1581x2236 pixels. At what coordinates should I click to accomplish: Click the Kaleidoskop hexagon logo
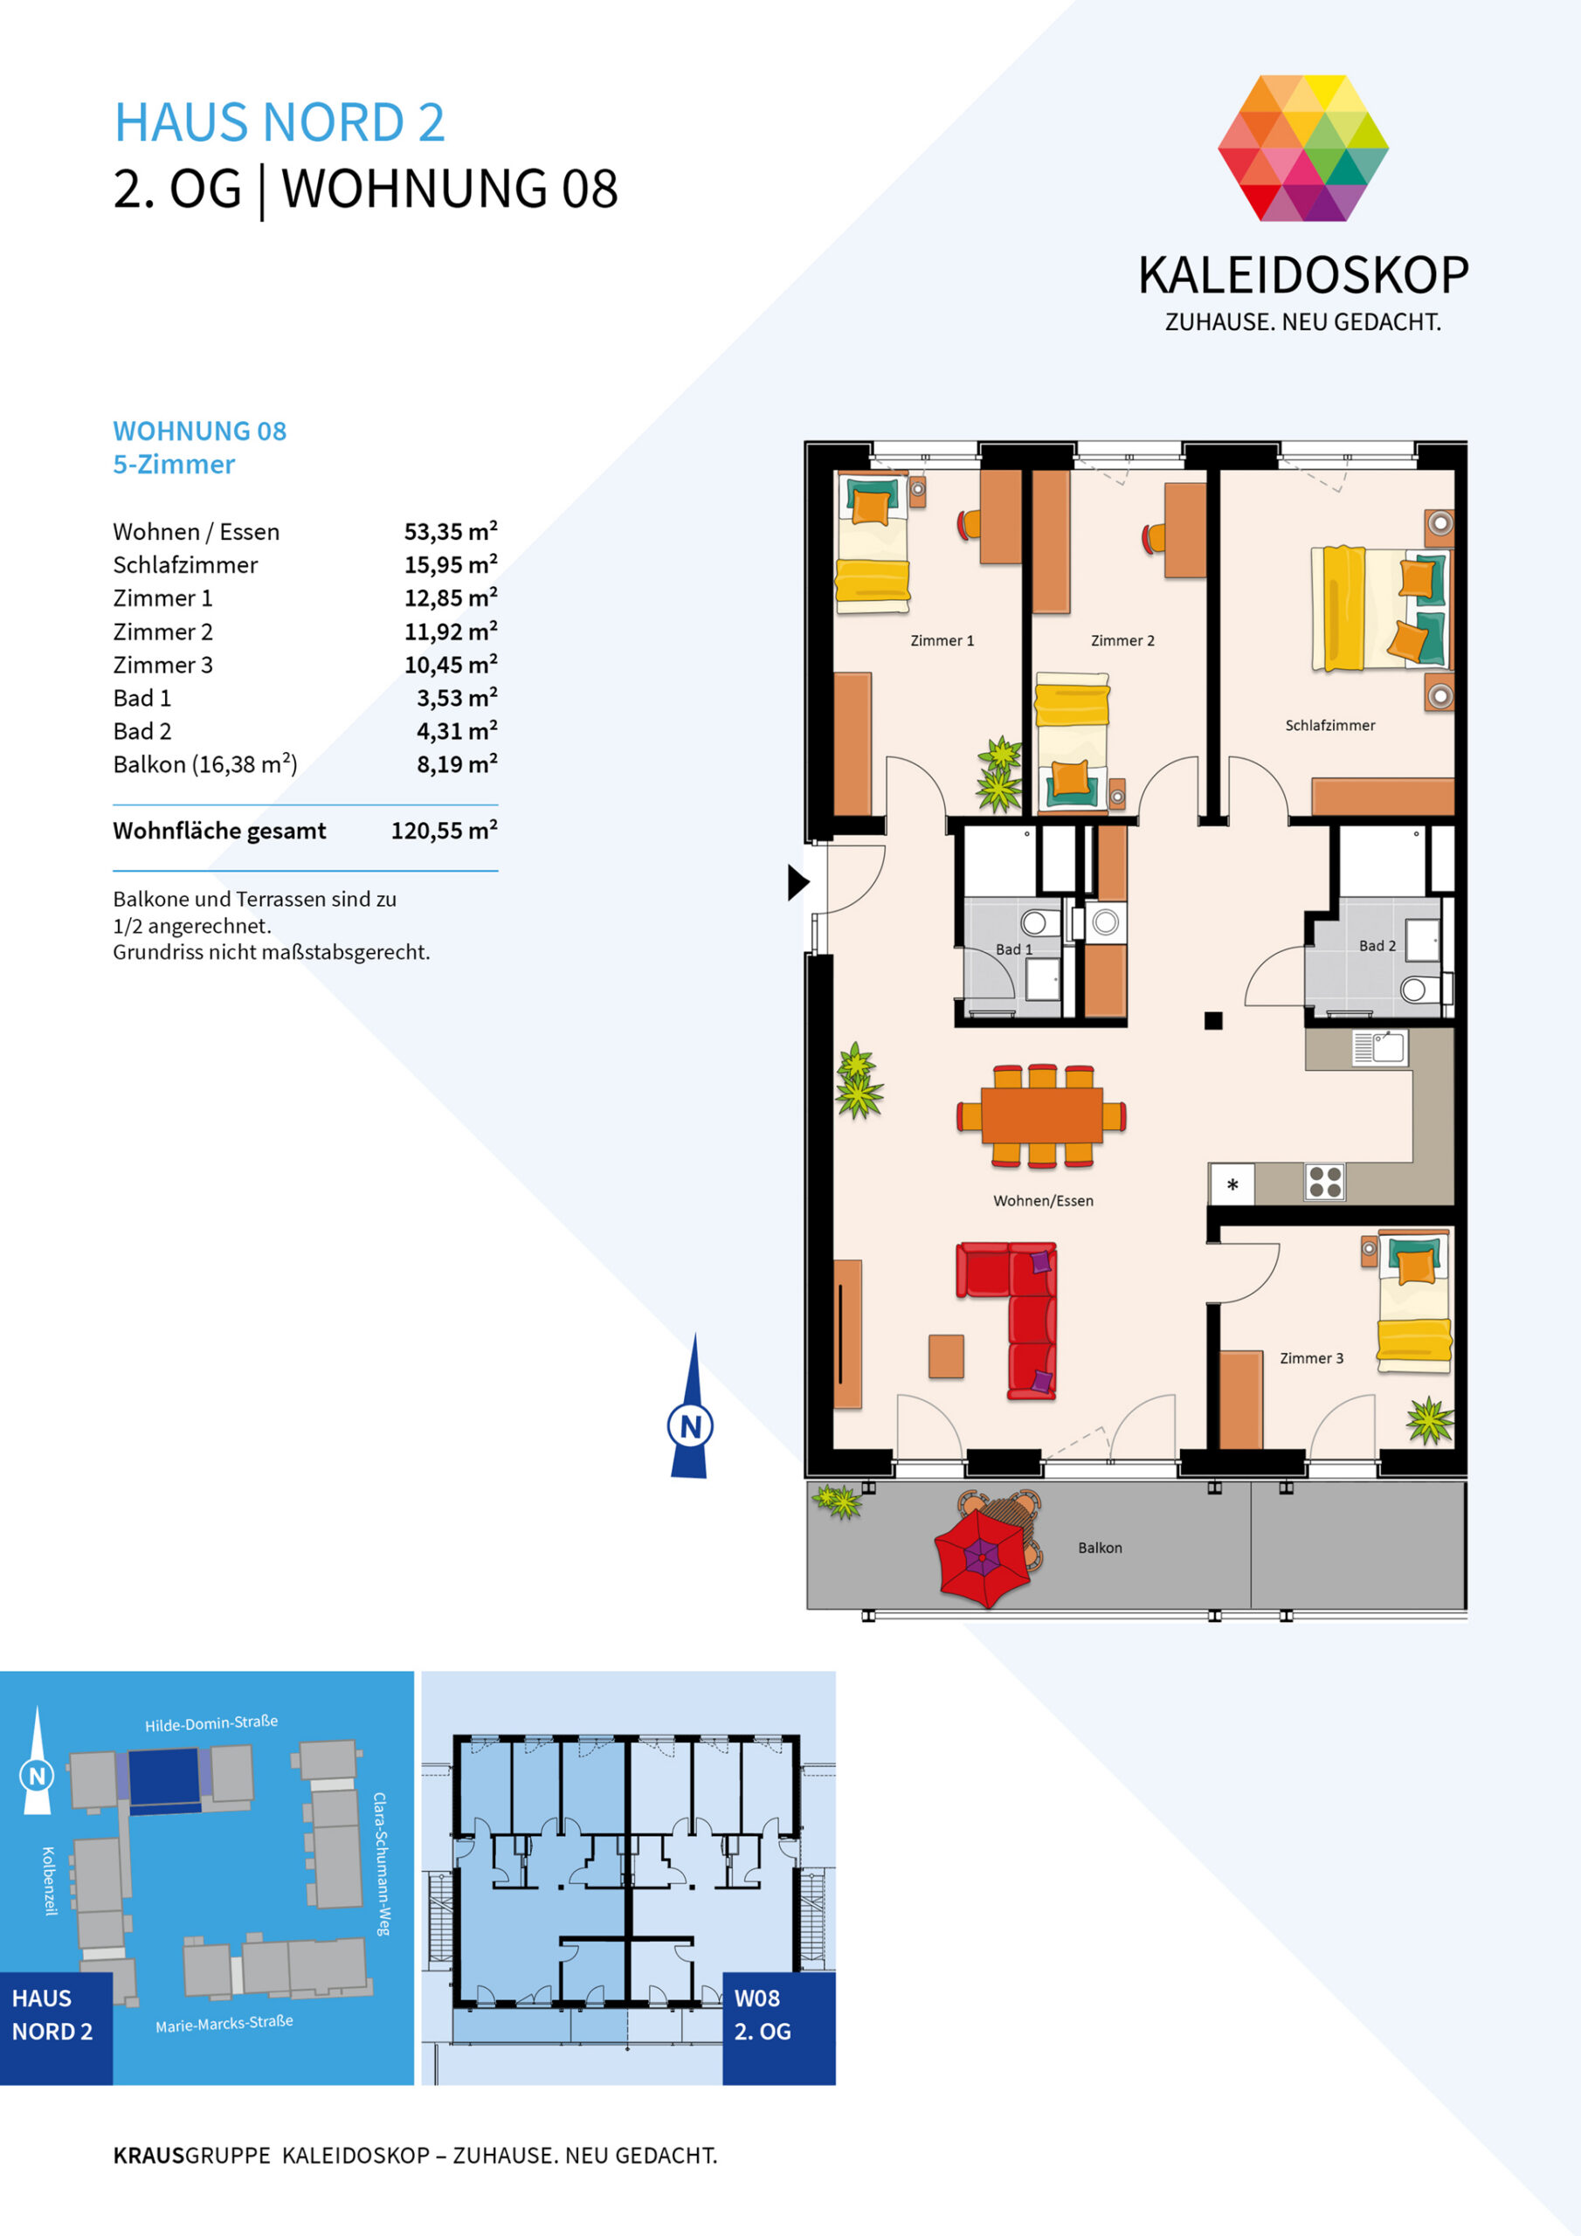[x=1302, y=148]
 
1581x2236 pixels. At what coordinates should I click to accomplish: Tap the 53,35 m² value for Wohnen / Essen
[x=450, y=532]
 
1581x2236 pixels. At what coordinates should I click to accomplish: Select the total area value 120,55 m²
[x=445, y=831]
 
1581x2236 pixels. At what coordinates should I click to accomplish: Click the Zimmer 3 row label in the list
[x=162, y=666]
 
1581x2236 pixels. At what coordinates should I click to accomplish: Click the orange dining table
[x=1041, y=1115]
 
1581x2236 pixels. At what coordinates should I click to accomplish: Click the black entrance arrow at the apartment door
[x=797, y=882]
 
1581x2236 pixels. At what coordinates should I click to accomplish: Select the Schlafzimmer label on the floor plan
[x=1329, y=726]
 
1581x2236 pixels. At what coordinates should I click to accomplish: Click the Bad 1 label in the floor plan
[x=1013, y=949]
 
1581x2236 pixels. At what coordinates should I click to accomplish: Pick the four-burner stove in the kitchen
[x=1324, y=1181]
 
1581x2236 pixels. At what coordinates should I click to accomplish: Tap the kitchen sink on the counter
[x=1379, y=1049]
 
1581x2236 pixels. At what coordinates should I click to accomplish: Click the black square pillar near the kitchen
[x=1212, y=1021]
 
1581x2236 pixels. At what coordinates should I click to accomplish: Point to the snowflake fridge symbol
[x=1232, y=1185]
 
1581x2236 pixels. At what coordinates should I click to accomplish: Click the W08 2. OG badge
[x=778, y=2029]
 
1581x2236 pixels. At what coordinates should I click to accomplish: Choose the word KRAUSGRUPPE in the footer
[x=192, y=2155]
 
